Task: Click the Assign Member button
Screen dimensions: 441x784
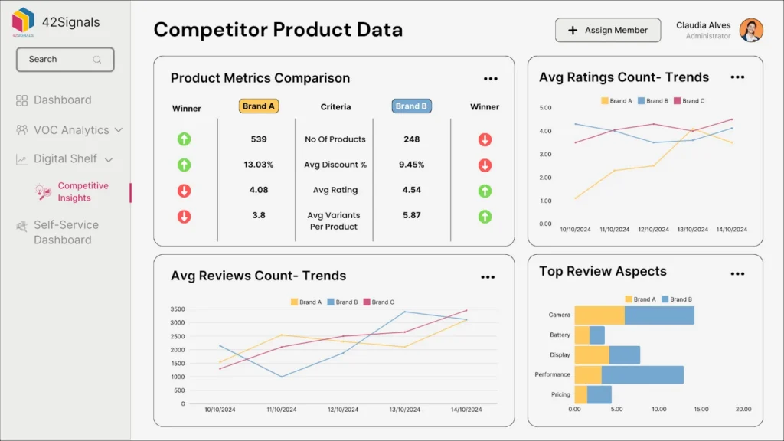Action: click(x=607, y=31)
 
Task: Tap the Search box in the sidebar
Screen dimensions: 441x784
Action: click(x=65, y=60)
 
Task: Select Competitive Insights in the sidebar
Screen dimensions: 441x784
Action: click(x=83, y=191)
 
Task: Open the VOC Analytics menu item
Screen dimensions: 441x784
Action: click(x=70, y=130)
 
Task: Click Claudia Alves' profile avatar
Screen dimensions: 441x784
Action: click(x=751, y=31)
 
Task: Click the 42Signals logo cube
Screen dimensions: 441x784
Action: click(x=23, y=20)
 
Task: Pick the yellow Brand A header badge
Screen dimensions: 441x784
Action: click(x=259, y=106)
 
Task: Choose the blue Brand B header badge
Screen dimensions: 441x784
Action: click(x=411, y=106)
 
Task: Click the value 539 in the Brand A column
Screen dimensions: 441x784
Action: click(x=259, y=139)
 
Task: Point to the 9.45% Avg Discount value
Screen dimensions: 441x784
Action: click(x=411, y=165)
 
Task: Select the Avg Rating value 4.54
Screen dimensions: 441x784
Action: click(x=411, y=190)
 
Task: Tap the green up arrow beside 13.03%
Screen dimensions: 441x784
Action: click(x=184, y=165)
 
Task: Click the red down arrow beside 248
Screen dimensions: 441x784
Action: click(x=485, y=139)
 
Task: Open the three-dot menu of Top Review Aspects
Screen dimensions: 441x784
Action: click(x=737, y=273)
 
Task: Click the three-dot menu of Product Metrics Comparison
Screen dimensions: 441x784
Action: click(x=491, y=79)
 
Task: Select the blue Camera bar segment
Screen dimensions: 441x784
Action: click(x=659, y=315)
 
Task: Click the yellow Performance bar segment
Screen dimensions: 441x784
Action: click(x=588, y=374)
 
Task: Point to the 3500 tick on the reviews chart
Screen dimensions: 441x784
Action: click(x=178, y=309)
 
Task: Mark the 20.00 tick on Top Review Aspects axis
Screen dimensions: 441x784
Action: click(x=743, y=409)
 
